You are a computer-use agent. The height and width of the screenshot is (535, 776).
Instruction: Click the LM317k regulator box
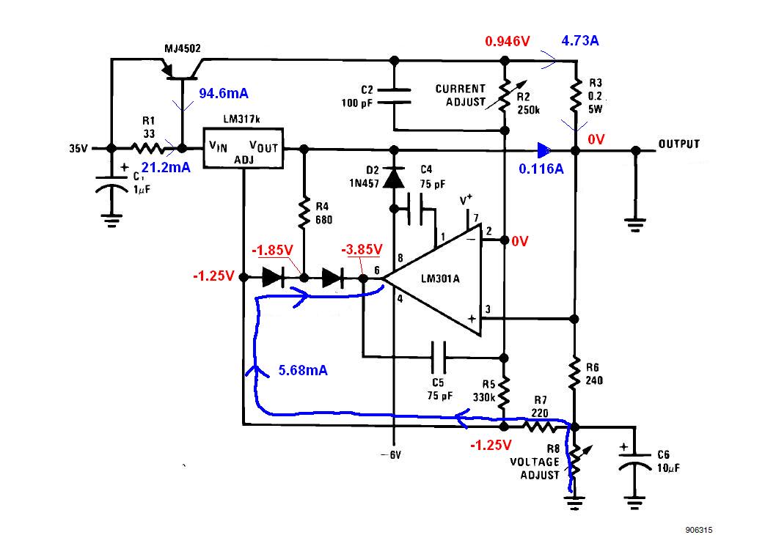pyautogui.click(x=244, y=148)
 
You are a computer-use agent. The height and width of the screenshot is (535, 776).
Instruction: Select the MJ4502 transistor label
pyautogui.click(x=183, y=48)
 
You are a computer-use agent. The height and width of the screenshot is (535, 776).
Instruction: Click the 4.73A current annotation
pyautogui.click(x=580, y=40)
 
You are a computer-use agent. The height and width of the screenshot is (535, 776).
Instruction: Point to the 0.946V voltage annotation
pyautogui.click(x=508, y=41)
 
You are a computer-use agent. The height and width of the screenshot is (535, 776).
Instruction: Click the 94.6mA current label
pyautogui.click(x=224, y=93)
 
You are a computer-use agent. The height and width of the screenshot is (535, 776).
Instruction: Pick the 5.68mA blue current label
pyautogui.click(x=303, y=370)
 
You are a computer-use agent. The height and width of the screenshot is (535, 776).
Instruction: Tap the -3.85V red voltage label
pyautogui.click(x=362, y=250)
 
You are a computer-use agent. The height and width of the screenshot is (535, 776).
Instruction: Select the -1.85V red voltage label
pyautogui.click(x=273, y=250)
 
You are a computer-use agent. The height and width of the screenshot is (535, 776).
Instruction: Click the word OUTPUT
pyautogui.click(x=679, y=144)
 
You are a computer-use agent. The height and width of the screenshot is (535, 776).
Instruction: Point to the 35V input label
pyautogui.click(x=78, y=148)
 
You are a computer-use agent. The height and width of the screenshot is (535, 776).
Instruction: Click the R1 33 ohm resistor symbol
pyautogui.click(x=147, y=148)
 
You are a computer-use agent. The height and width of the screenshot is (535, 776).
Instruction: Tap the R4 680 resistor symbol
pyautogui.click(x=304, y=213)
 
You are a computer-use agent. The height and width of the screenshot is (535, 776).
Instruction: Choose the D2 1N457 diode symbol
pyautogui.click(x=394, y=177)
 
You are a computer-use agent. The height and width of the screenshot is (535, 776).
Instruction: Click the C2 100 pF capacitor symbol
pyautogui.click(x=394, y=96)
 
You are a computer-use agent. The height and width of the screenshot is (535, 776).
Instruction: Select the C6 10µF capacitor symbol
pyautogui.click(x=634, y=461)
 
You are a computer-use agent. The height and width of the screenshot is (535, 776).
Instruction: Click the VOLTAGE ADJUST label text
pyautogui.click(x=535, y=468)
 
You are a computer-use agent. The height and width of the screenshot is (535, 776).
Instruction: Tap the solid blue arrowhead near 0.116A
pyautogui.click(x=544, y=150)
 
